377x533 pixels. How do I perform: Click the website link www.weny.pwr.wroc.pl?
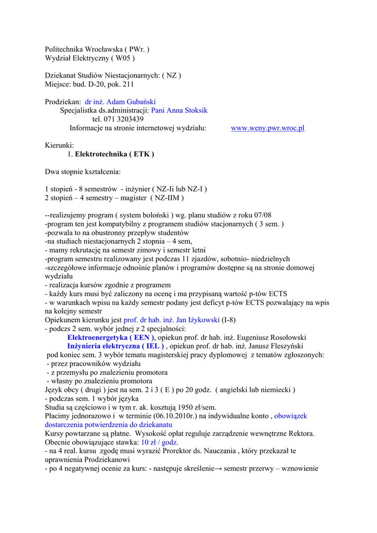[268, 128]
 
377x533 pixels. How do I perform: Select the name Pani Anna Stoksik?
[179, 110]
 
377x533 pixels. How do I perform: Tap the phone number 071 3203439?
[123, 119]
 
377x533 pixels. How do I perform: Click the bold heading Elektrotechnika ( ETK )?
[115, 154]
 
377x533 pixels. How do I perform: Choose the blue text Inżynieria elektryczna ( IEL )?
[116, 346]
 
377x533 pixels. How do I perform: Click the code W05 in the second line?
[125, 58]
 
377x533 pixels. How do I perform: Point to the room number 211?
[128, 84]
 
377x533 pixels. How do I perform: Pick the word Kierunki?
[59, 145]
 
